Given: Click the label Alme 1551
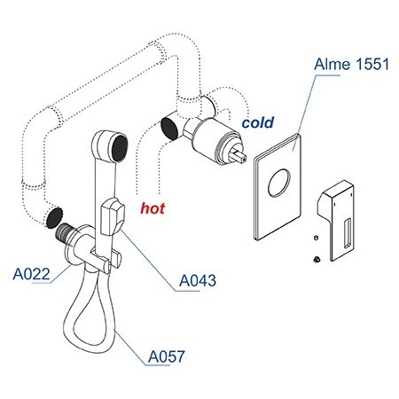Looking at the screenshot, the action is (351, 64).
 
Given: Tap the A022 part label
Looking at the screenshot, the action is (32, 274).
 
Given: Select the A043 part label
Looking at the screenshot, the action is (198, 280).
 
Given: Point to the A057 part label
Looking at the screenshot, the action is (167, 356).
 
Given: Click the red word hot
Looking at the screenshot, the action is (153, 208).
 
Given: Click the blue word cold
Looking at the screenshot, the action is (258, 122).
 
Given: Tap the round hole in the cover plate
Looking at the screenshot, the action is (279, 183).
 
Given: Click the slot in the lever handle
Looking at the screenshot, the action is (348, 233).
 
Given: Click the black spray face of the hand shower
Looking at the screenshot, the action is (120, 148).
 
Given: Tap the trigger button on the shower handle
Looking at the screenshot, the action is (113, 217).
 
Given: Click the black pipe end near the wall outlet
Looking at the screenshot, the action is (54, 217).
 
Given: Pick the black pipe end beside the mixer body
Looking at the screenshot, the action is (170, 128).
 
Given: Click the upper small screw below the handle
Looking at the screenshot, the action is (316, 238).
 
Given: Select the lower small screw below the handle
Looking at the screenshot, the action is (317, 259).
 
